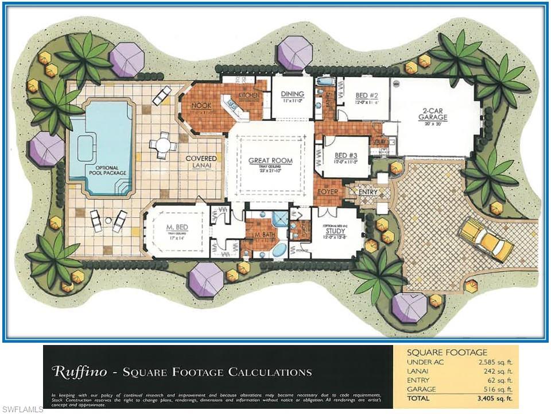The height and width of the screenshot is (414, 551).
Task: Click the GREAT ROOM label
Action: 270,161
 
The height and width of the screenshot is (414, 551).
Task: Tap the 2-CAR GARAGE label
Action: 433,114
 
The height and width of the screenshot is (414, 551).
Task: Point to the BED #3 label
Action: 344,155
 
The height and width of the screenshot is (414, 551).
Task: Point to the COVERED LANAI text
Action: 201,162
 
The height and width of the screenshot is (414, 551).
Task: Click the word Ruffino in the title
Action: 79,372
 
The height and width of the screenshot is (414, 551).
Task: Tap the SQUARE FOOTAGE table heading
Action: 447,352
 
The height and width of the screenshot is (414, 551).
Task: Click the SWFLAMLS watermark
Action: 22,409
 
